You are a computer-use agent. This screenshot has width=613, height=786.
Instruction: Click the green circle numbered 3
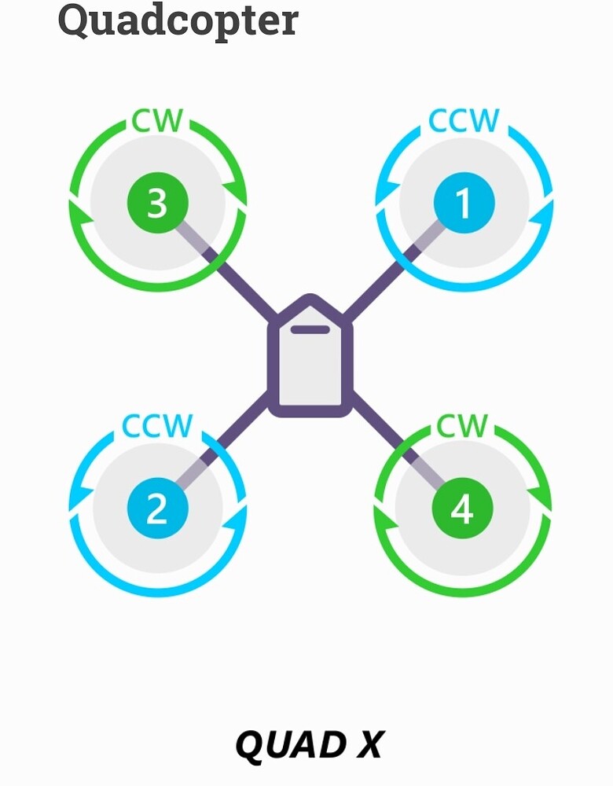(157, 203)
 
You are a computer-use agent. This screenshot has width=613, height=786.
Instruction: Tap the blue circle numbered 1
(464, 203)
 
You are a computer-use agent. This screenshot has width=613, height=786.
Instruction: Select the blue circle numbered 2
(157, 509)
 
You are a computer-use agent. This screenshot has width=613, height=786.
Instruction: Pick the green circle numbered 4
(463, 509)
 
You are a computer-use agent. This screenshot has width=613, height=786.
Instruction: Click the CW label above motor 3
(158, 122)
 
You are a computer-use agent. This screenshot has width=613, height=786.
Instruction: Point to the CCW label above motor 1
(464, 122)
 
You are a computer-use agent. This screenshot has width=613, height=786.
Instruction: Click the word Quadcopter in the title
(178, 21)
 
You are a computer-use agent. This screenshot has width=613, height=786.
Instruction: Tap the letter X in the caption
(367, 745)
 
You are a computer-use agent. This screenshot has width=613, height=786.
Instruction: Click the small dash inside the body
(310, 329)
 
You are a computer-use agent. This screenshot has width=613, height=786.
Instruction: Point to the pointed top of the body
(310, 299)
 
